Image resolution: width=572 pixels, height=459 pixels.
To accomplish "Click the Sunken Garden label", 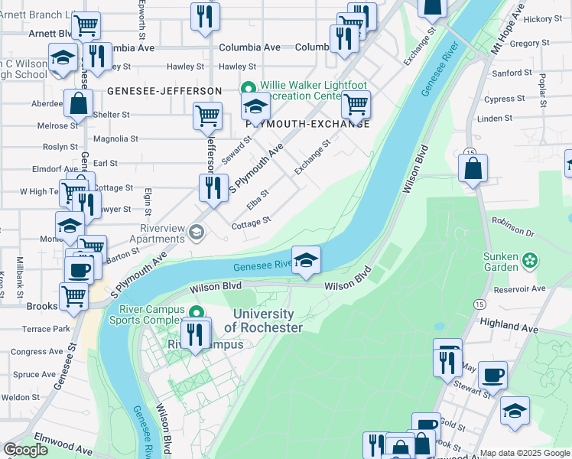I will pos(502,262).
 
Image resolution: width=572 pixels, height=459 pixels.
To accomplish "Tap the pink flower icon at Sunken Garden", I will pos(529,262).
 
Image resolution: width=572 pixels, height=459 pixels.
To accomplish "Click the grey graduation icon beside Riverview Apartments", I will pos(197,232).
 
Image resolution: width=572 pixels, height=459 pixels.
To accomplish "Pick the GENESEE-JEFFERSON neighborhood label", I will pos(164,90).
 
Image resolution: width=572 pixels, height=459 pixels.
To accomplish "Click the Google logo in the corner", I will pos(26,450).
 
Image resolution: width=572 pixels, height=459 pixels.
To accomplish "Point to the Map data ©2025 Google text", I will pos(525,453).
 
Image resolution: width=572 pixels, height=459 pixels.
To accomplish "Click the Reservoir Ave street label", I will pos(519,288).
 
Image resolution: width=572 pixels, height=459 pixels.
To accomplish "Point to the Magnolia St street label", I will pos(115,139).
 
